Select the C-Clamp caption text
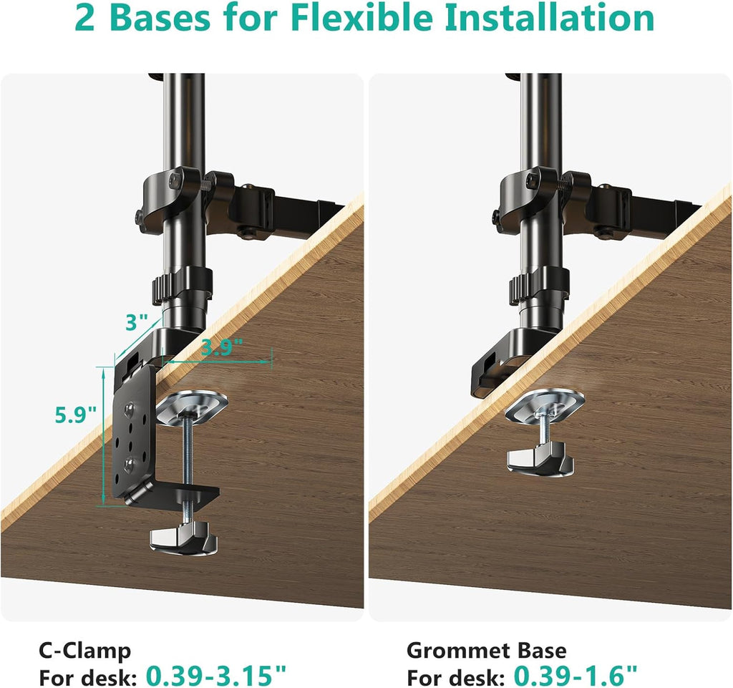pyautogui.click(x=84, y=651)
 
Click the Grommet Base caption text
pyautogui.click(x=486, y=651)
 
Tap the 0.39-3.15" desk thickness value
pyautogui.click(x=216, y=674)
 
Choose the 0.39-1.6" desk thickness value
pyautogui.click(x=574, y=674)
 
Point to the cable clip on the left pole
pyautogui.click(x=181, y=285)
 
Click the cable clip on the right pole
pyautogui.click(x=538, y=285)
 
